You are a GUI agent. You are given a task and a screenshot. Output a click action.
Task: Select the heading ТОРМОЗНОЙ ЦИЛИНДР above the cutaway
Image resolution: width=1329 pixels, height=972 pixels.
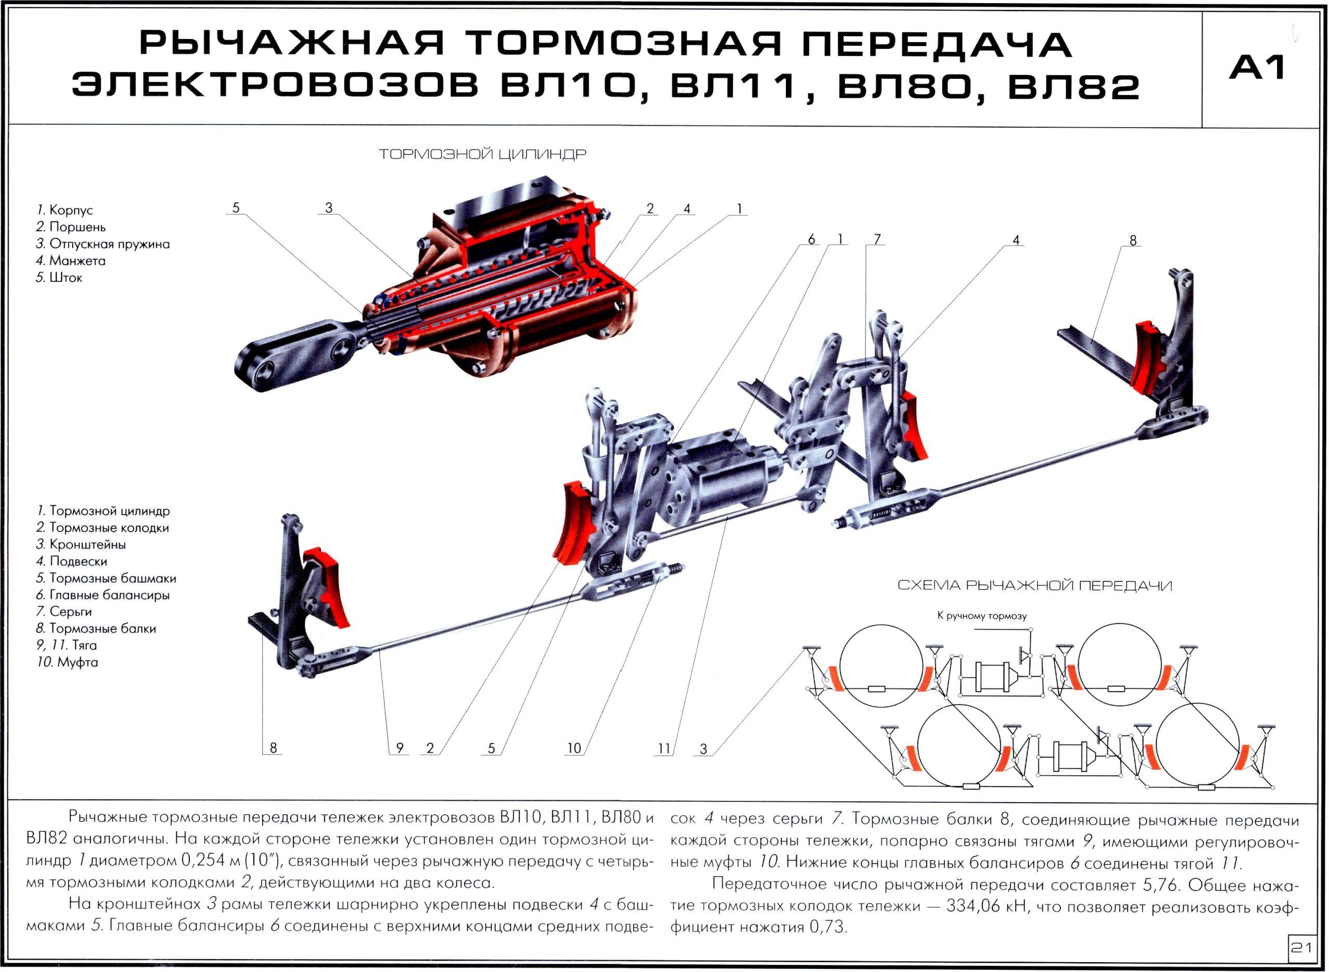tap(482, 154)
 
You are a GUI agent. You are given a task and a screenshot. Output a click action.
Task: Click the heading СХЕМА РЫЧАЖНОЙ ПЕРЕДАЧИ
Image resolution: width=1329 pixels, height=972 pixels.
tap(1035, 585)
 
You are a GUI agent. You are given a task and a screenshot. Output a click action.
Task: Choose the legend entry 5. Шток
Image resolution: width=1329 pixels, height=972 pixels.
tap(59, 277)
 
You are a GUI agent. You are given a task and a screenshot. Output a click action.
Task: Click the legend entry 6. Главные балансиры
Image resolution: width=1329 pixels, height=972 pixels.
tap(103, 595)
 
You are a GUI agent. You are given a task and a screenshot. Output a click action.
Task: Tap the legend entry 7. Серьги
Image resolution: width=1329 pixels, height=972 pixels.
tap(64, 611)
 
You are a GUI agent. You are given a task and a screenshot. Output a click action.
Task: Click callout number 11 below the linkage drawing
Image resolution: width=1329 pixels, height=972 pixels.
tap(664, 748)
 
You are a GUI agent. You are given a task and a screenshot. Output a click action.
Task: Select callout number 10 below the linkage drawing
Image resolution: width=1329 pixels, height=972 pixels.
tap(574, 748)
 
